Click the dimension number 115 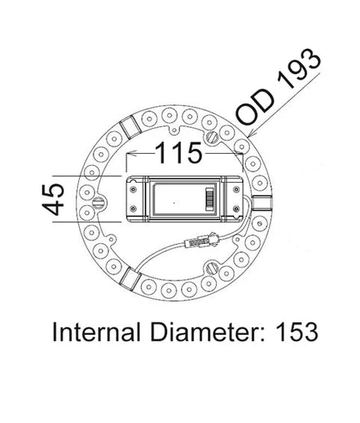tap(179, 154)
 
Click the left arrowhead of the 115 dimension tap(128, 154)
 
